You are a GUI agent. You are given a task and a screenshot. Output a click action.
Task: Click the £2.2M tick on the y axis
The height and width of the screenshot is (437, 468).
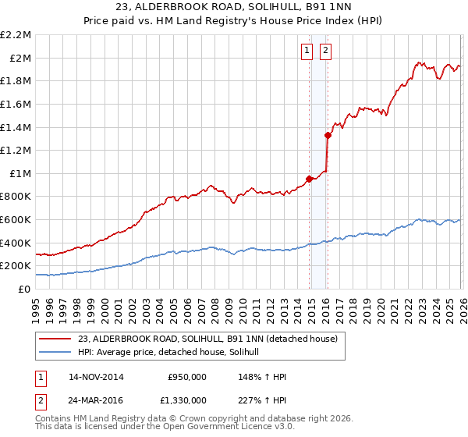17,35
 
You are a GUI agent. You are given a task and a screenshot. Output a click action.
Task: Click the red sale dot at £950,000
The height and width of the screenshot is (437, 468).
310,179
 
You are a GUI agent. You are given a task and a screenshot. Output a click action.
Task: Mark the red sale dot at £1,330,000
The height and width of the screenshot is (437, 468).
328,135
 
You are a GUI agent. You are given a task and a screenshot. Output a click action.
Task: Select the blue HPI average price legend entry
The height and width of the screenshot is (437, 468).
173,353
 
